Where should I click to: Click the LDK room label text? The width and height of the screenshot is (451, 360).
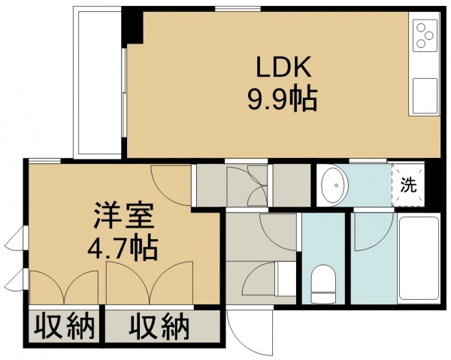pos(283,67)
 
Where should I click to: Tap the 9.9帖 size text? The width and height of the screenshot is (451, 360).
pos(283,100)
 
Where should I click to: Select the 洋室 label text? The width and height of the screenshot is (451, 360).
pos(123,216)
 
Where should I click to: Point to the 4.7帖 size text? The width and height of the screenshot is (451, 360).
pos(123,249)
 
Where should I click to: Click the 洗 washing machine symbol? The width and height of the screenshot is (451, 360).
pos(408,186)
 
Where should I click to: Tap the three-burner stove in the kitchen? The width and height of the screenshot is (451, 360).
pos(425,36)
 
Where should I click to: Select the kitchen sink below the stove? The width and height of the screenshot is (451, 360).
pos(425,96)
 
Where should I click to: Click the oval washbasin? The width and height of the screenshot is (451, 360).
pos(334,185)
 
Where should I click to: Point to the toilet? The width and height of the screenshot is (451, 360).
pos(323,283)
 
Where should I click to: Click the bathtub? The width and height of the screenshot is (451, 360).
pos(419,259)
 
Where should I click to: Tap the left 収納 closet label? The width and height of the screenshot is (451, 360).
pos(65,328)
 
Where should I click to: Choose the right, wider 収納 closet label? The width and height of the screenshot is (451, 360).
pos(159,328)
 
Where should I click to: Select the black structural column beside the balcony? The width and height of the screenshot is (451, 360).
pos(132,26)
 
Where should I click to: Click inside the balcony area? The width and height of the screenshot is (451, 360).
pos(97,83)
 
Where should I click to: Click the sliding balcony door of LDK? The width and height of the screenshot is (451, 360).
pos(124,93)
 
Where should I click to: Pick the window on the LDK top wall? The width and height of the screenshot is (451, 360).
pos(238,9)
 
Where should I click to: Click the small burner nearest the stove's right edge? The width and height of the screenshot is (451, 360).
pos(429,35)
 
